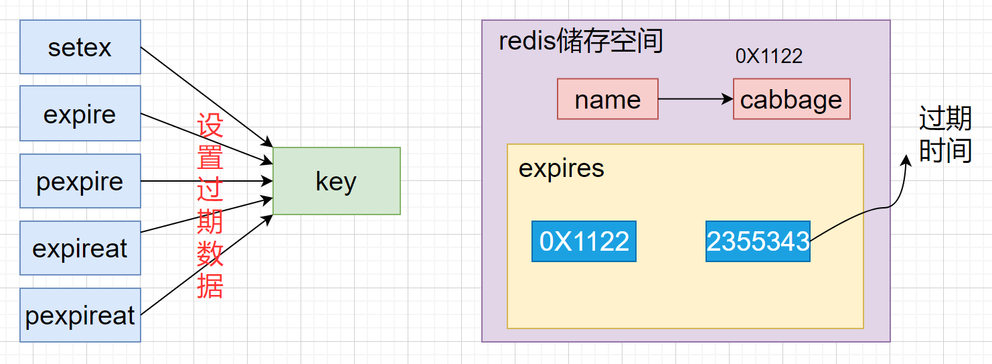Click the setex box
tap(80, 47)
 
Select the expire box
tap(80, 114)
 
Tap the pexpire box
tap(80, 181)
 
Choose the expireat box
tap(80, 248)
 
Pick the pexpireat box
tap(80, 315)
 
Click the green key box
tap(336, 181)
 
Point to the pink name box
tap(607, 99)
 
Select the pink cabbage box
tap(791, 99)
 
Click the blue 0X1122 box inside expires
tap(584, 241)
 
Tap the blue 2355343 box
tap(758, 241)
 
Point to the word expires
tap(561, 168)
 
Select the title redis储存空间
tap(580, 42)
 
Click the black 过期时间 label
tap(945, 136)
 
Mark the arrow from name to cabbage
tap(695, 99)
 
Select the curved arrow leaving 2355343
tap(884, 204)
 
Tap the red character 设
tap(210, 125)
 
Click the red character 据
tap(210, 286)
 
